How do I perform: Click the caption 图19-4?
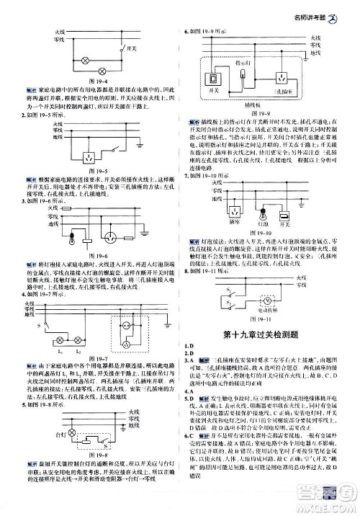click(98, 82)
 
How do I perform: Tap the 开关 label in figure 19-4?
click(130, 50)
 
